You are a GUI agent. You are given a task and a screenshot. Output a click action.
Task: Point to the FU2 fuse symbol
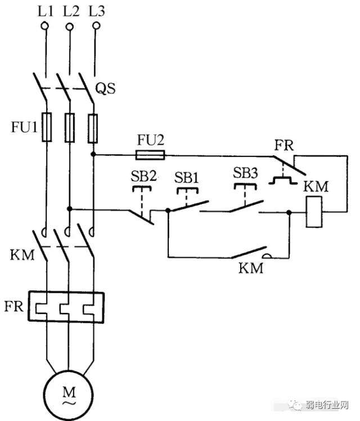click(x=150, y=153)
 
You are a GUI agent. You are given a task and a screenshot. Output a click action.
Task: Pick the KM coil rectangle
click(x=313, y=212)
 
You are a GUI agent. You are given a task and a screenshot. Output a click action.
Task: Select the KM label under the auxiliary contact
click(x=251, y=268)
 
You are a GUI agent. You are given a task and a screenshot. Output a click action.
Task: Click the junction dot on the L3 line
click(x=94, y=153)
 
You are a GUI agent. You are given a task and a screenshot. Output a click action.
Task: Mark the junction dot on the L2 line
click(x=69, y=209)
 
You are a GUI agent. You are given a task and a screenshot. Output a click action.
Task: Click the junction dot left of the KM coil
click(x=289, y=212)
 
